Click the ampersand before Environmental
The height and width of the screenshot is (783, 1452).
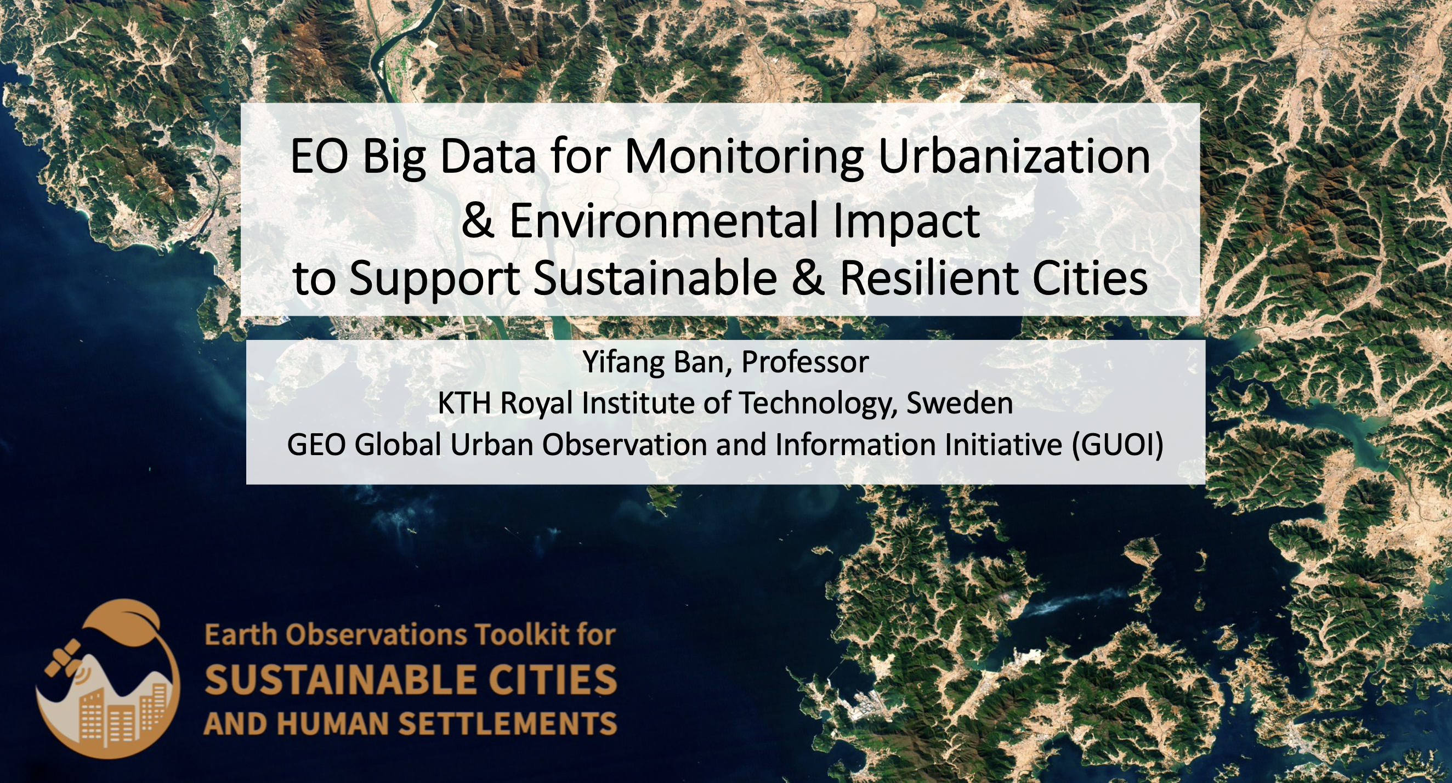pos(478,220)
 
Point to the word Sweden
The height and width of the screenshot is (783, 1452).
pos(960,404)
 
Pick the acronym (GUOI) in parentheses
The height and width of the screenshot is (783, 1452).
pos(1118,445)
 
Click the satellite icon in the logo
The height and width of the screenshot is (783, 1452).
pos(63,657)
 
